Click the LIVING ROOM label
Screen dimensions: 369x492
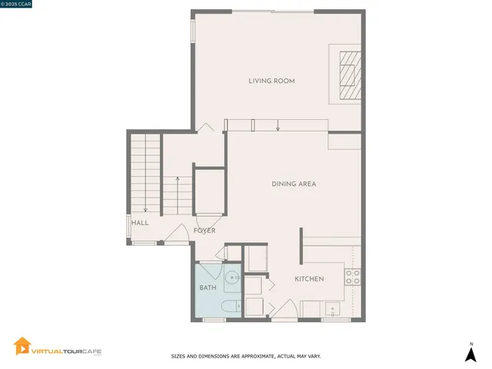click(x=271, y=81)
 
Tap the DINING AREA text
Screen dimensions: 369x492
click(x=294, y=184)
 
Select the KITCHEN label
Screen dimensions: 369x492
click(x=309, y=278)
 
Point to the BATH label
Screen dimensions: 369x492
click(x=208, y=288)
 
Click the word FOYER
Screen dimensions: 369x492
click(x=204, y=231)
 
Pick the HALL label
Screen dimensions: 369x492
click(x=139, y=223)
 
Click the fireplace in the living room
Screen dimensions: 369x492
click(x=349, y=74)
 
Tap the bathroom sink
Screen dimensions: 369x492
click(x=233, y=278)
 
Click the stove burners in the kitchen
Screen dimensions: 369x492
click(x=353, y=278)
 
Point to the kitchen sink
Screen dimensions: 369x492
click(x=333, y=310)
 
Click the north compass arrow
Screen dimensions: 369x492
click(x=470, y=353)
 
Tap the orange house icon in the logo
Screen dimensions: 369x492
click(x=22, y=347)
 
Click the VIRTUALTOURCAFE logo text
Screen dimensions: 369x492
click(x=66, y=351)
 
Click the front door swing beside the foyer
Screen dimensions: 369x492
click(x=175, y=234)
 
